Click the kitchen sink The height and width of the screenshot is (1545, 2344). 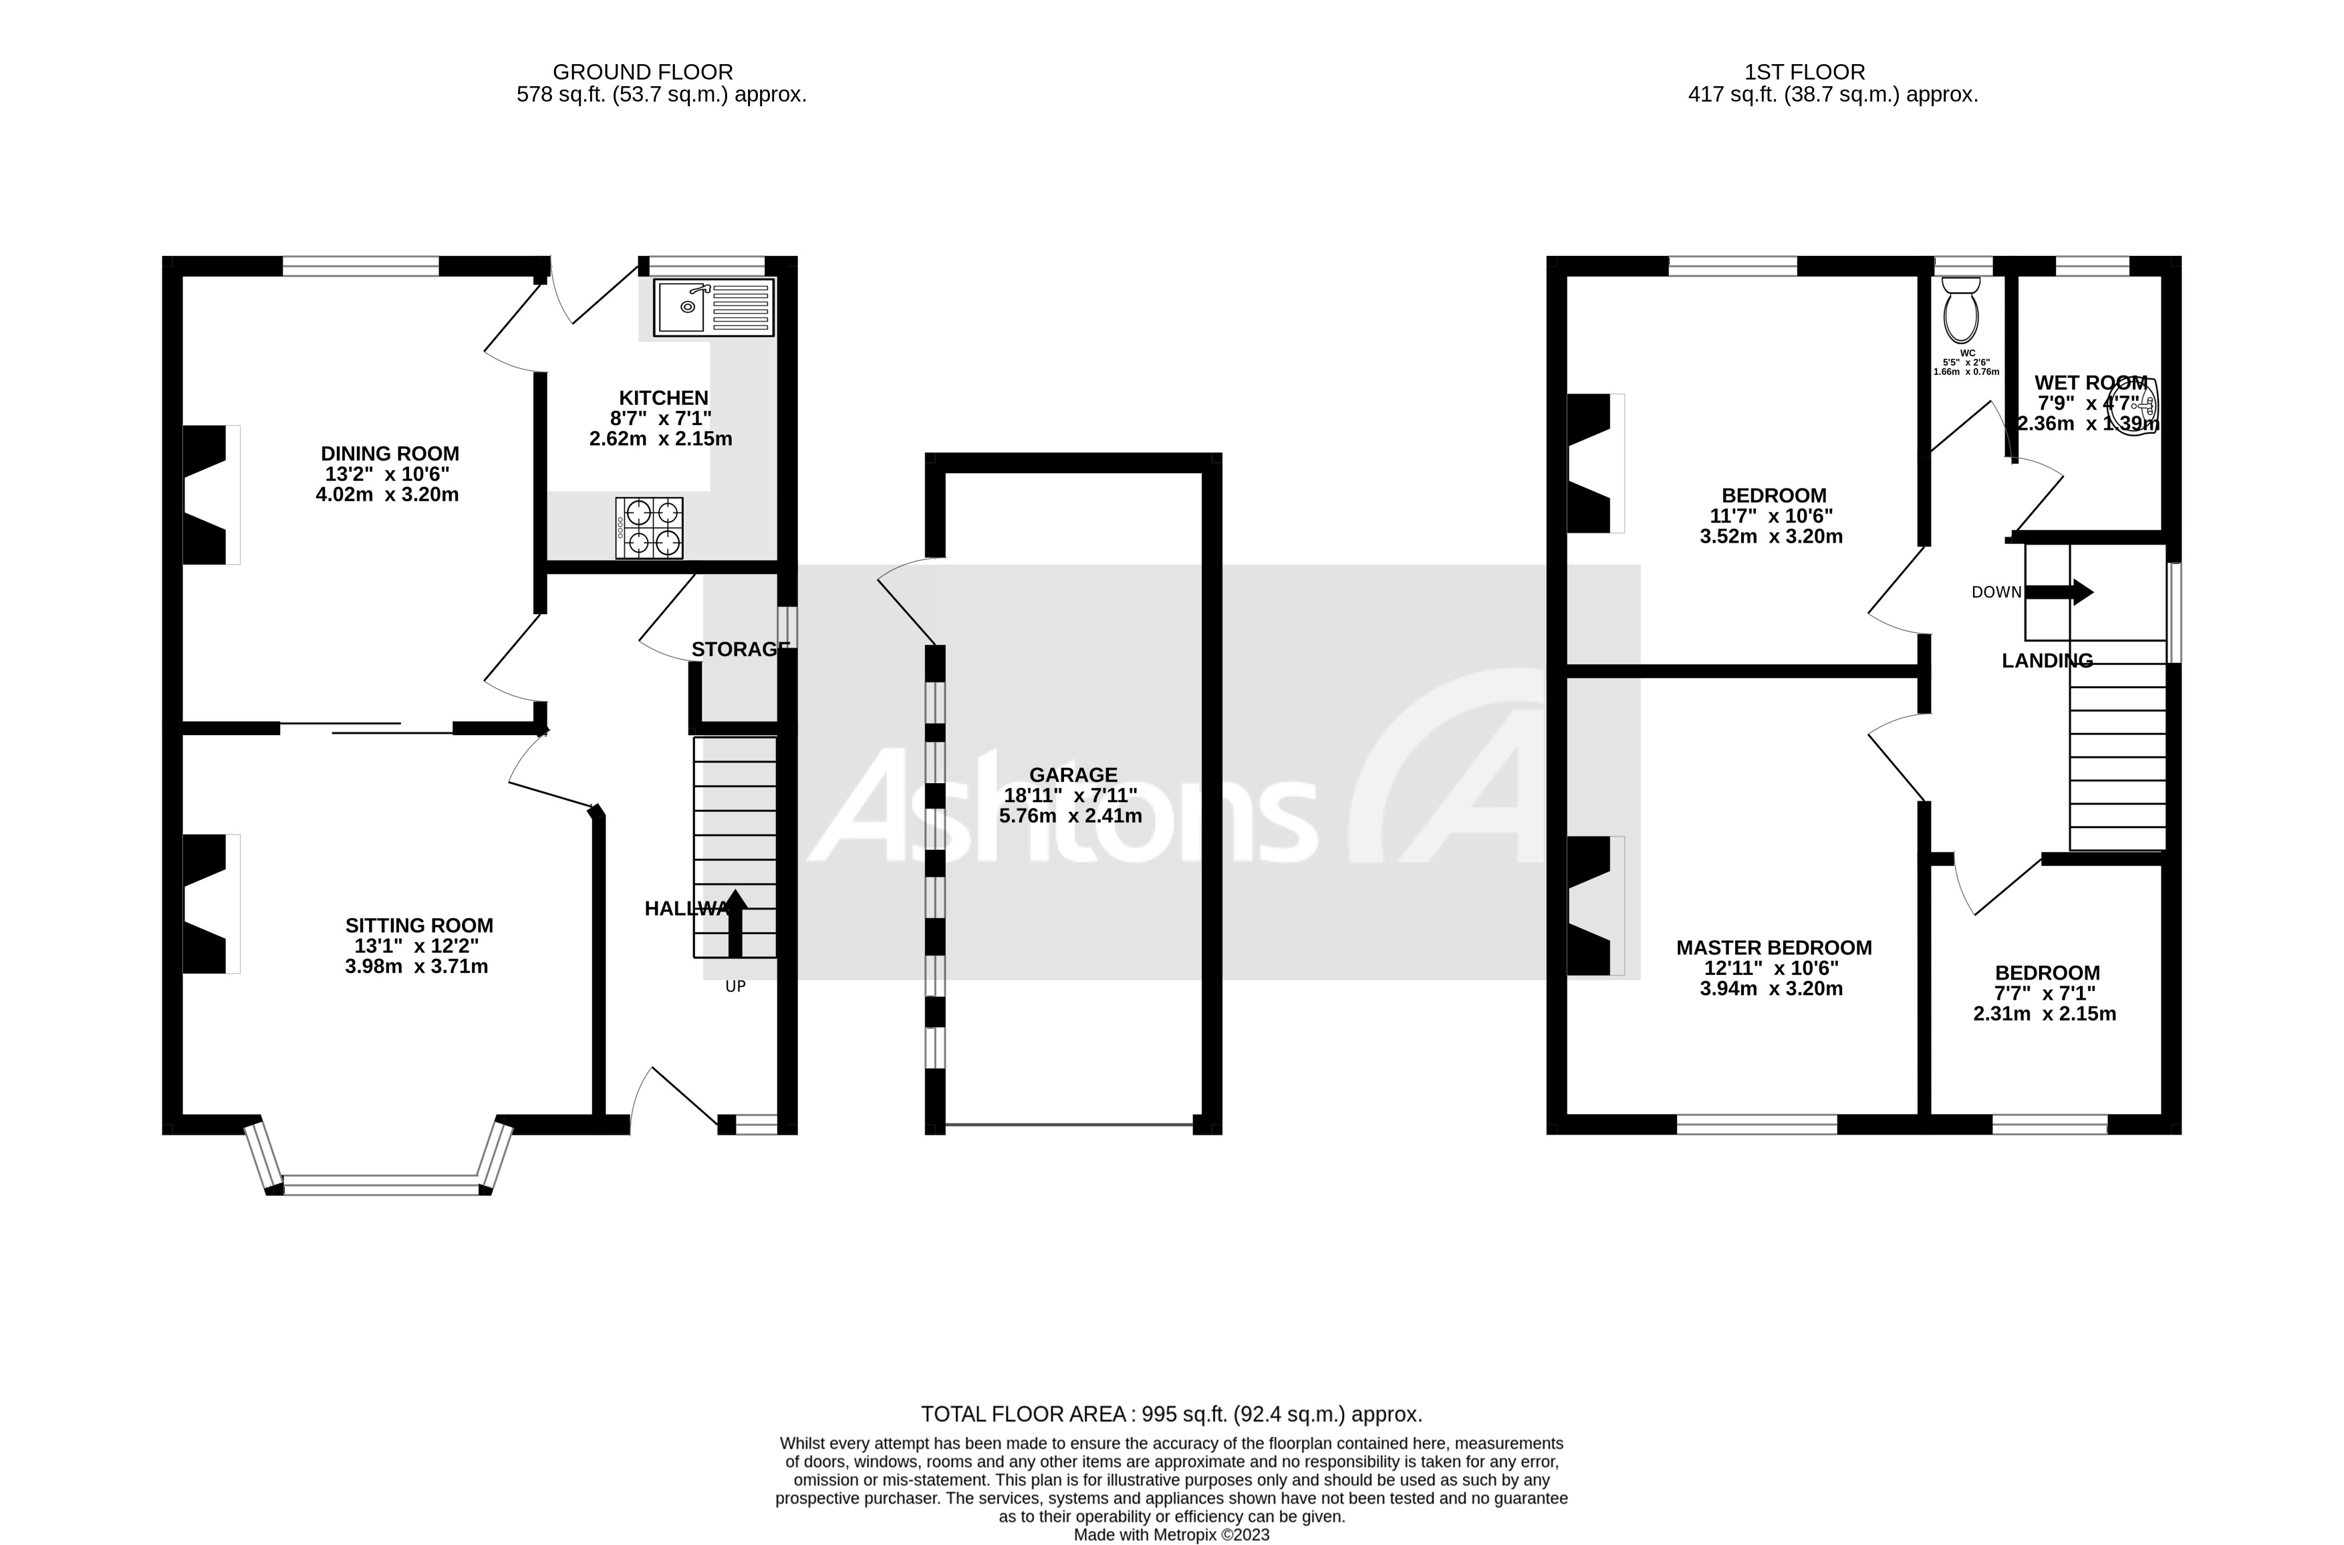pyautogui.click(x=713, y=307)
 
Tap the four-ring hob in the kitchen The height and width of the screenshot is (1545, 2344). pyautogui.click(x=649, y=528)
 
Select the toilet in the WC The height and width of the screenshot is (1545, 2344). pyautogui.click(x=1961, y=309)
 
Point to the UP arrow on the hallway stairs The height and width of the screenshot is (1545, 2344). pyautogui.click(x=735, y=922)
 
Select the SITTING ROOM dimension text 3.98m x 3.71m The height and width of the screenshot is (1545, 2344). pyautogui.click(x=417, y=966)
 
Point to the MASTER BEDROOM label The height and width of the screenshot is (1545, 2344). pyautogui.click(x=1773, y=948)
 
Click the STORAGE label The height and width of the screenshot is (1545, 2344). pyautogui.click(x=740, y=650)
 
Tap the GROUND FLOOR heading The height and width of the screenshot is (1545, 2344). pyautogui.click(x=642, y=72)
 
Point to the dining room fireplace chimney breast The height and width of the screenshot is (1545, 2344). pyautogui.click(x=207, y=495)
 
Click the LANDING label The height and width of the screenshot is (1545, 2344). pyautogui.click(x=2047, y=661)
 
